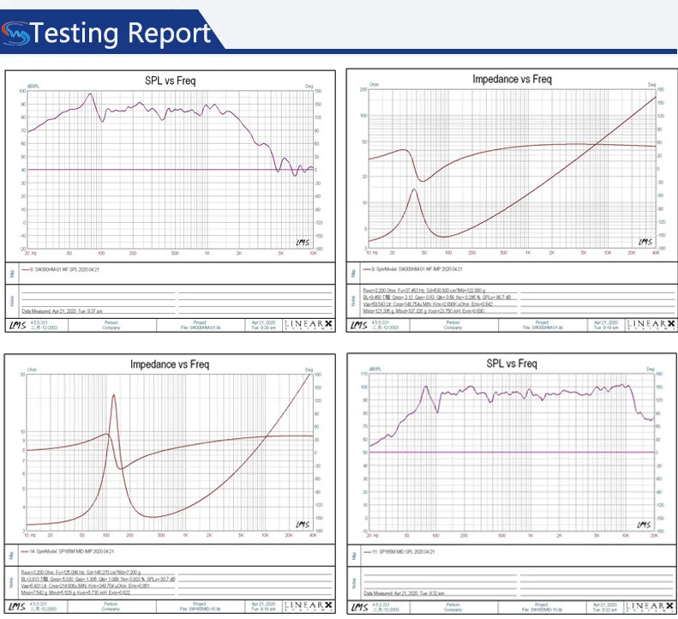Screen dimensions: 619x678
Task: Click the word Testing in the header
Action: click(76, 33)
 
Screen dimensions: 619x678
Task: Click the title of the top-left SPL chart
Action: click(170, 81)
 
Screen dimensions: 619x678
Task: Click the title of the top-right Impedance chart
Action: click(512, 79)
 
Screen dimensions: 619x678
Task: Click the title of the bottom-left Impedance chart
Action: click(169, 364)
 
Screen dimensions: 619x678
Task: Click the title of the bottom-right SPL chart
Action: click(513, 364)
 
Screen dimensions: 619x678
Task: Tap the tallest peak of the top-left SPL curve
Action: click(90, 95)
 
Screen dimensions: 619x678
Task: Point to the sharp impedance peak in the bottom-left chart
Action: click(113, 395)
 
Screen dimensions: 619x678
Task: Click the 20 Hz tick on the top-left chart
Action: click(29, 254)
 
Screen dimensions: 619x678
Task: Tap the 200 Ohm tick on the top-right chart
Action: click(363, 89)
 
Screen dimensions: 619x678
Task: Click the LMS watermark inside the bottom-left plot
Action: click(300, 525)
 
